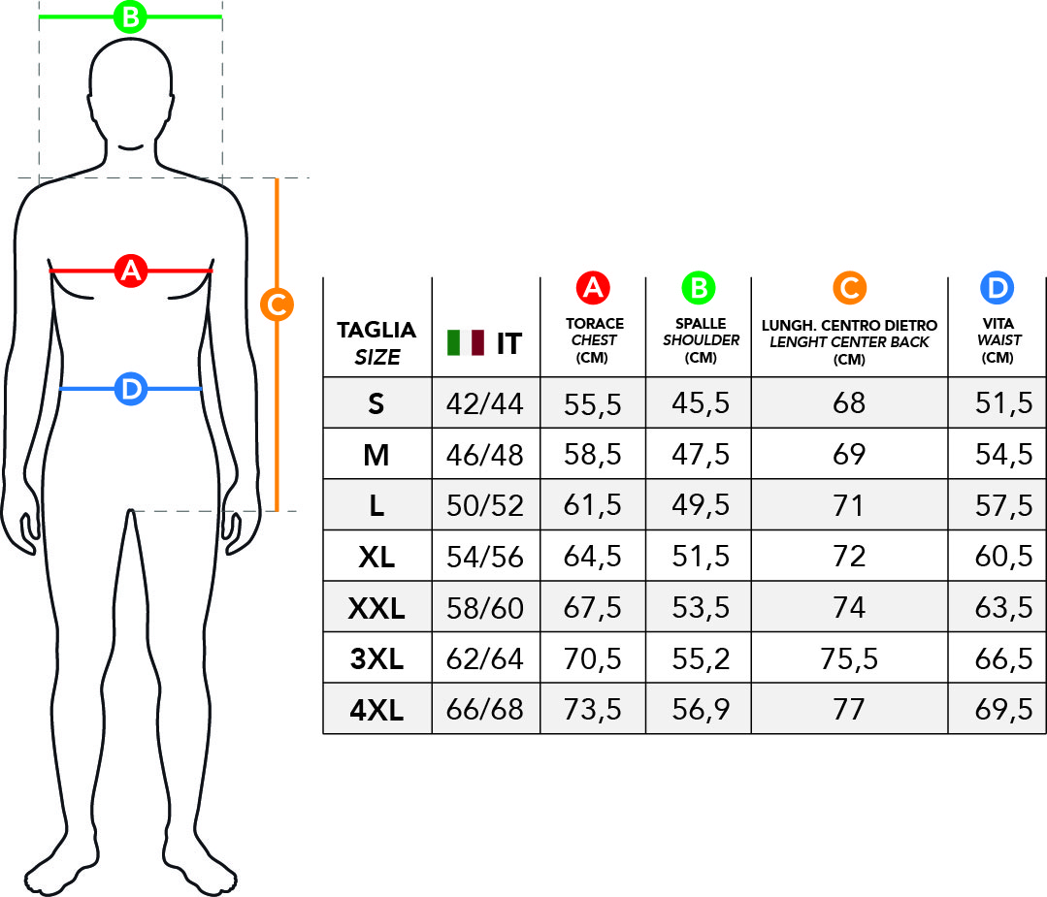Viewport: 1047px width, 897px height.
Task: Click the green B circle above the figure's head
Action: [x=130, y=16]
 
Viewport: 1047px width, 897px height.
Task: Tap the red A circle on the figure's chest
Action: [x=130, y=271]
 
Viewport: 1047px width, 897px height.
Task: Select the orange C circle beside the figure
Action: [x=278, y=304]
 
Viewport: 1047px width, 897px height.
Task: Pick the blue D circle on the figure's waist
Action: [x=131, y=389]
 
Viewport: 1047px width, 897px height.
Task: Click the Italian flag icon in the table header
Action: [x=466, y=342]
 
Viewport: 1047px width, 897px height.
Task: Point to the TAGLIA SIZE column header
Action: [x=376, y=343]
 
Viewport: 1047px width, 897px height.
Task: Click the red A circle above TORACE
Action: [x=593, y=288]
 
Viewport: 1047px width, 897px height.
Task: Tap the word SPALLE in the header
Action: [x=701, y=324]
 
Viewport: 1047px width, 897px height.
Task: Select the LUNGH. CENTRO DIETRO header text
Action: [x=849, y=326]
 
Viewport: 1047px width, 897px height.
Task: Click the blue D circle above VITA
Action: [x=997, y=288]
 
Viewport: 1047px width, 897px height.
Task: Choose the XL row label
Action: [x=376, y=557]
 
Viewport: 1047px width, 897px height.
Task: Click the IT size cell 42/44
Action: [x=485, y=403]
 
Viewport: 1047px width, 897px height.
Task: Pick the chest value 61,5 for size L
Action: [x=592, y=505]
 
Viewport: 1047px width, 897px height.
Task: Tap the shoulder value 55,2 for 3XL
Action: [x=701, y=658]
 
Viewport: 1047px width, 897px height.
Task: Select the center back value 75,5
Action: [x=849, y=658]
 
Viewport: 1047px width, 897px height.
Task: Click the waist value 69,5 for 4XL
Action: [x=1003, y=709]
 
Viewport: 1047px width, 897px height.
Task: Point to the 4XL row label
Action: [x=376, y=710]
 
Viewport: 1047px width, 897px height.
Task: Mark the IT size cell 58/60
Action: [x=485, y=608]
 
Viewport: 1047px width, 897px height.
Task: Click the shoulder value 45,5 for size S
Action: [x=701, y=403]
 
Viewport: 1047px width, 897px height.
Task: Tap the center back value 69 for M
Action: [x=849, y=455]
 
